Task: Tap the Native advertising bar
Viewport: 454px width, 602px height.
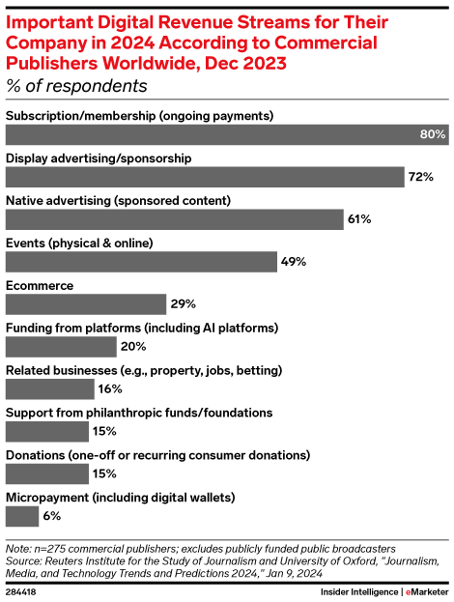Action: pos(175,219)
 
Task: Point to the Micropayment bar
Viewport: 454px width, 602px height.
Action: pos(22,516)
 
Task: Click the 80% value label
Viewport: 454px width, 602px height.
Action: pos(431,134)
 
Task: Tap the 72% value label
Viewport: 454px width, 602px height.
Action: pos(420,177)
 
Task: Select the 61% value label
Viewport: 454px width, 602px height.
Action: pos(359,219)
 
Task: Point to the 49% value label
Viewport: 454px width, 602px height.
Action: pos(294,261)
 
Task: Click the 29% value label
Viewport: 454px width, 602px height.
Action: pos(184,303)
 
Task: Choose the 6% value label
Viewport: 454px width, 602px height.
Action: pos(53,516)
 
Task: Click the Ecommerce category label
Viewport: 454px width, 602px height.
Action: pos(41,285)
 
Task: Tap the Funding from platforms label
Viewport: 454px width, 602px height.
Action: pos(142,328)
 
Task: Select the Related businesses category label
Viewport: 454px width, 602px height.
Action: pos(145,370)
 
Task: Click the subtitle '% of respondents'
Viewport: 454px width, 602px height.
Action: pos(76,86)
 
